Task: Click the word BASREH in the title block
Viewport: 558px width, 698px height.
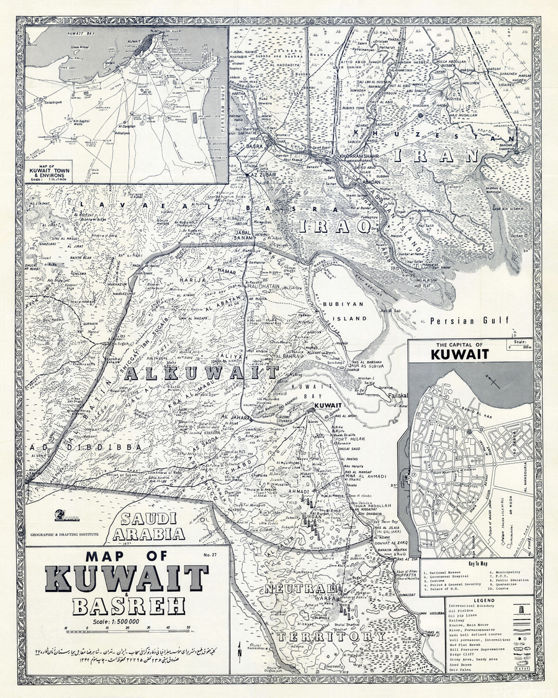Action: click(x=113, y=605)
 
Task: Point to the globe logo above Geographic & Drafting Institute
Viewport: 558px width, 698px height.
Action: click(x=61, y=515)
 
